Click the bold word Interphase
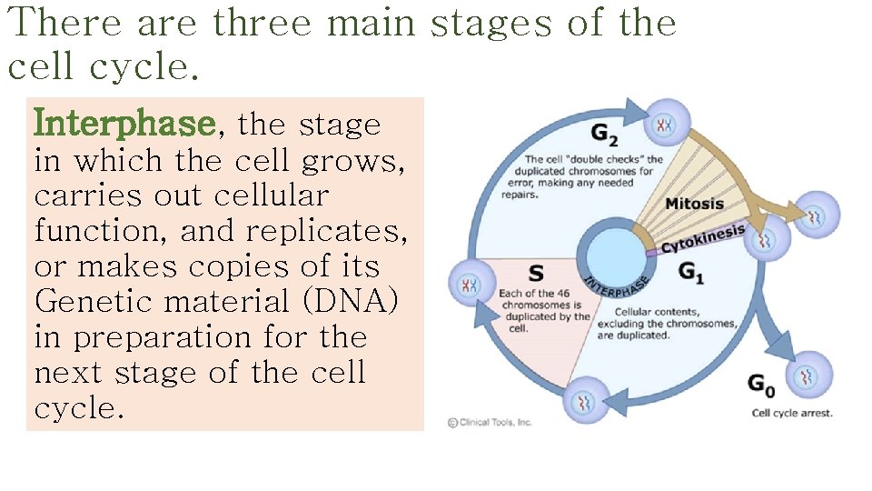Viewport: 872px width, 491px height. [x=124, y=123]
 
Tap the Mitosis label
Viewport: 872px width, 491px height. [x=694, y=203]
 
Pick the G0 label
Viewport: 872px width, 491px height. [x=761, y=386]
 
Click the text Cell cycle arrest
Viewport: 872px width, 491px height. [x=791, y=413]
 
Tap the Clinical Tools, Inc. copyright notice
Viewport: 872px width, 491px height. [x=490, y=422]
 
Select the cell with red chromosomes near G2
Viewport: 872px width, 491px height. [x=665, y=125]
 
